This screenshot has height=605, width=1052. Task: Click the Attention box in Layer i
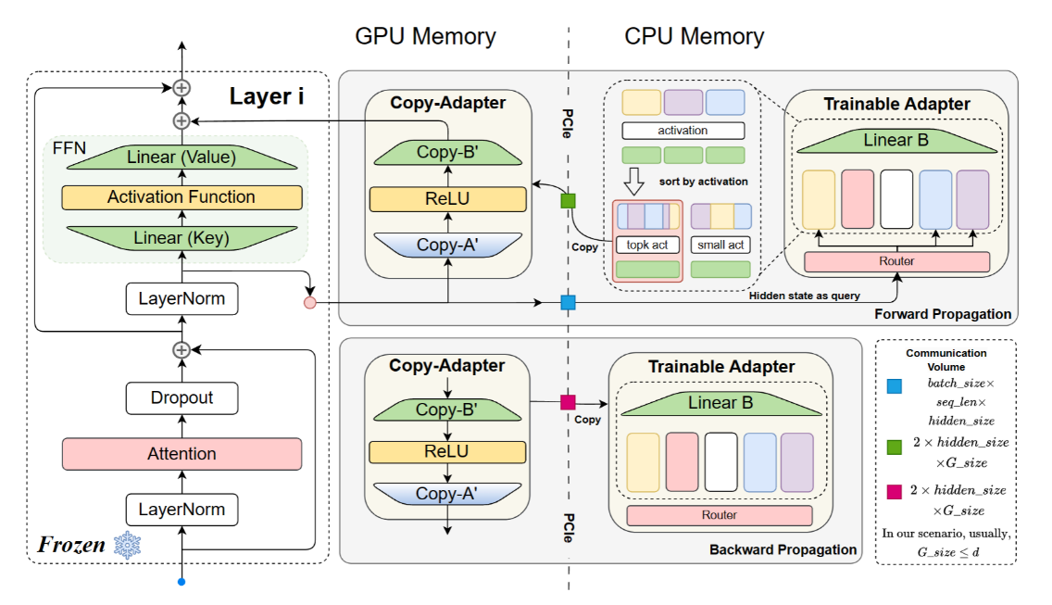[182, 454]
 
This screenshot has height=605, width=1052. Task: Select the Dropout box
[182, 398]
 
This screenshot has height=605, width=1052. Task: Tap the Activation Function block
[182, 197]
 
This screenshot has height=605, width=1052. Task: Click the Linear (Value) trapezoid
[182, 158]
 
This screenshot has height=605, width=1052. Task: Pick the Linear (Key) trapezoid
[182, 238]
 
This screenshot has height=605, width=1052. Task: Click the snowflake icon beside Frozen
[127, 545]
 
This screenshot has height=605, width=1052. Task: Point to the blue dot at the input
[182, 582]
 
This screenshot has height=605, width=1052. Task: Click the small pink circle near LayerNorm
[310, 303]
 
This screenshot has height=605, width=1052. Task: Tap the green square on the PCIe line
[569, 201]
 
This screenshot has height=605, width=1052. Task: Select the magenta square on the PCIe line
[569, 402]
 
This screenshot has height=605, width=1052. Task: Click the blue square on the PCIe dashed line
[569, 303]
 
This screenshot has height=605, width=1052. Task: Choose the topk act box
[647, 246]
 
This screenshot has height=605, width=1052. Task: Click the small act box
[720, 246]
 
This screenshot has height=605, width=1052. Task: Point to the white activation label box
[683, 131]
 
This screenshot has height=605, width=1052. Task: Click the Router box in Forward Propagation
[897, 261]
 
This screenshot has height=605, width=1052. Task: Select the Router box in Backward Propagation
[720, 515]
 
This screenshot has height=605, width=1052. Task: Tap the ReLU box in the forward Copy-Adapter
[448, 199]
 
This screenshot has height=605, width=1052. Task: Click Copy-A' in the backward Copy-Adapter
[447, 494]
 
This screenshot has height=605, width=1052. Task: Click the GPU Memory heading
[425, 36]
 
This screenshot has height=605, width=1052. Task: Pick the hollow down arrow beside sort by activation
[634, 181]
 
